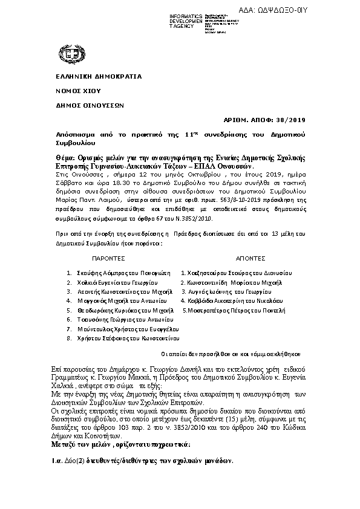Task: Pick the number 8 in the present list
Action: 69,338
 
